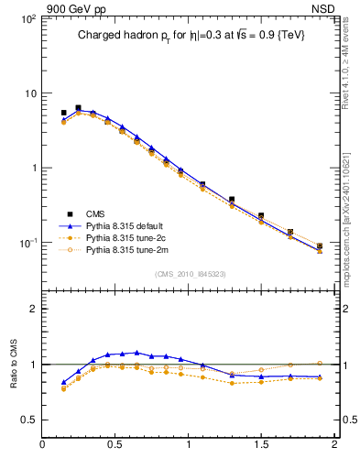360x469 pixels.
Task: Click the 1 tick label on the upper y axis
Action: (x=33, y=169)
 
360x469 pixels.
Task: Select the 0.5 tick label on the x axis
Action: (x=115, y=446)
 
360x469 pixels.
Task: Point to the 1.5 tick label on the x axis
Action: (x=261, y=446)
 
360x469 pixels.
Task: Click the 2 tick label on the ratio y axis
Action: (x=33, y=310)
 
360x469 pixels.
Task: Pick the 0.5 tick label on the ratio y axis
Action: (x=29, y=420)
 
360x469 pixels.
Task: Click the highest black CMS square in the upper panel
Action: (x=78, y=108)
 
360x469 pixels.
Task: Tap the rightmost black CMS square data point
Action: (x=320, y=245)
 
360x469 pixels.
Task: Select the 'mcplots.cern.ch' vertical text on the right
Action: (x=351, y=229)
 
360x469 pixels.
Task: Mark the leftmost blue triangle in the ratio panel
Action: (x=63, y=382)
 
